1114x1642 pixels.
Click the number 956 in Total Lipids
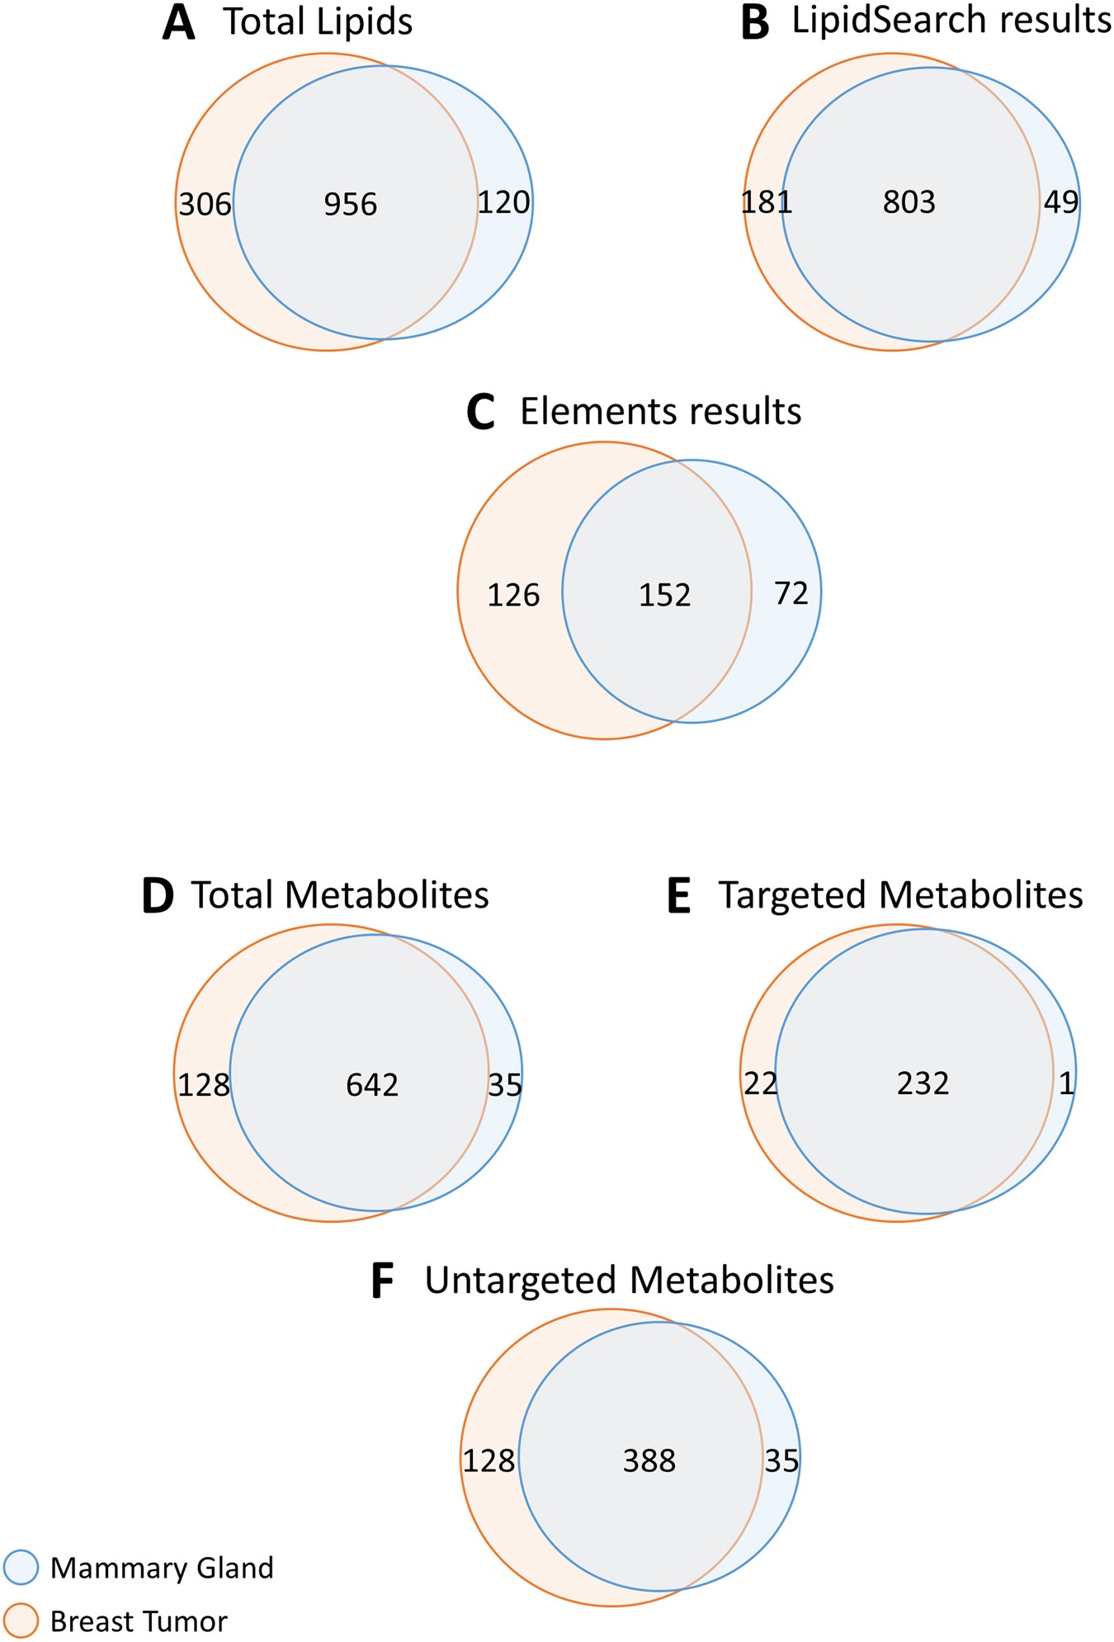tap(351, 205)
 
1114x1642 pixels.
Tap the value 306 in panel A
tap(205, 204)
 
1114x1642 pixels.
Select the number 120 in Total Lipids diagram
tap(503, 202)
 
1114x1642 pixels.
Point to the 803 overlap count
tap(909, 202)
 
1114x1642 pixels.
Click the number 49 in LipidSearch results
tap(1060, 201)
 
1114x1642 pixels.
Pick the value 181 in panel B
tap(767, 202)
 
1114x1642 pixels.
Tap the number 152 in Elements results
tap(664, 595)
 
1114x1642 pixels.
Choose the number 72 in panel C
tap(791, 593)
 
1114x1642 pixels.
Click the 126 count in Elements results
tap(513, 595)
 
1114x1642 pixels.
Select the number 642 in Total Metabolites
tap(372, 1084)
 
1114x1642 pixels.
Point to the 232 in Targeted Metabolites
tap(923, 1083)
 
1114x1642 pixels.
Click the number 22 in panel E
tap(760, 1083)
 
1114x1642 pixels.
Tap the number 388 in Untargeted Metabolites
tap(649, 1460)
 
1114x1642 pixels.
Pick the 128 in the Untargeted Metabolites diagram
tap(489, 1460)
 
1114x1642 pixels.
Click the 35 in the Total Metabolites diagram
tap(504, 1084)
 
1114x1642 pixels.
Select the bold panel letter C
tap(480, 413)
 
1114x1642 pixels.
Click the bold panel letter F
tap(382, 1282)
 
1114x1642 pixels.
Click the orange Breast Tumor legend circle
tap(21, 1621)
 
